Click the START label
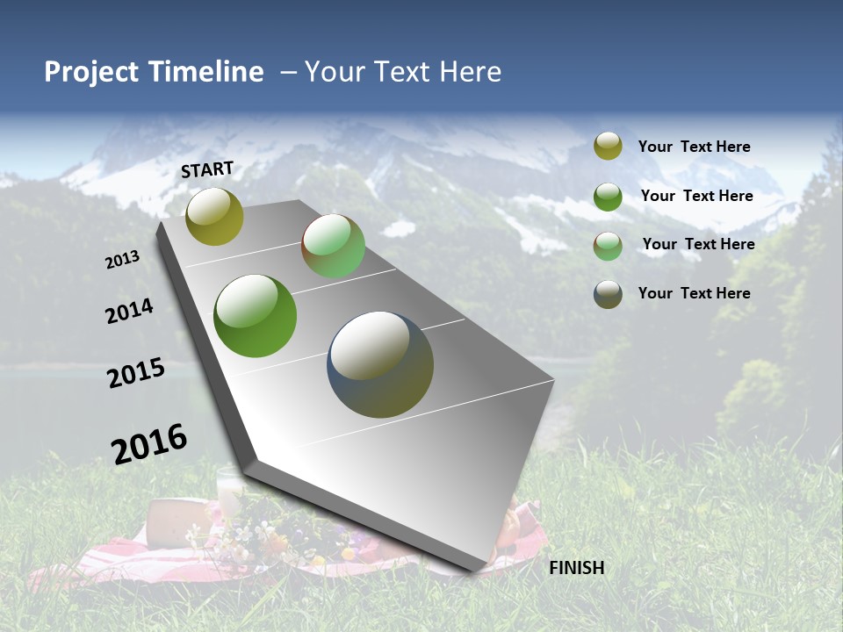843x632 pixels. point(207,169)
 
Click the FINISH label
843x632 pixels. point(577,568)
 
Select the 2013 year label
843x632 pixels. point(123,260)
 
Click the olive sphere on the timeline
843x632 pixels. point(214,216)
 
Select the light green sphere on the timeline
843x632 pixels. point(333,246)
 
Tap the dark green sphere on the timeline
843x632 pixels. point(256,316)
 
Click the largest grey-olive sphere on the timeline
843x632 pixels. point(380,364)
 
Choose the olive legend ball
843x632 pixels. point(608,147)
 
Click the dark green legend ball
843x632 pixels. point(608,196)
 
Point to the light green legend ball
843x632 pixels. point(608,245)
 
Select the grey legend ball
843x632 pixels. point(608,294)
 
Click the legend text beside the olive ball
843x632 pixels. point(695,147)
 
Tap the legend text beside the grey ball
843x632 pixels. point(695,293)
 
